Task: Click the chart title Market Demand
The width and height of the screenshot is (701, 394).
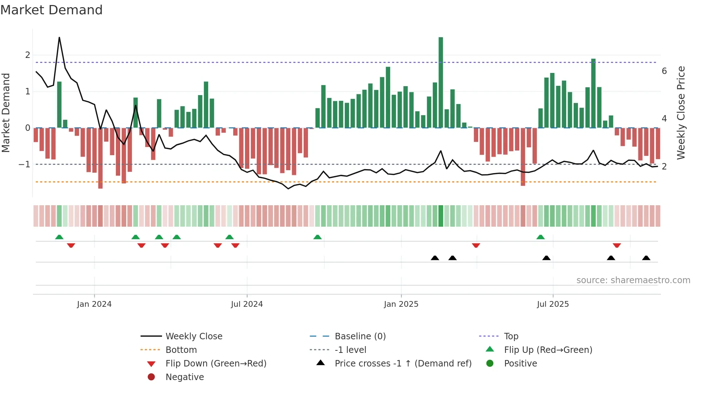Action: click(52, 10)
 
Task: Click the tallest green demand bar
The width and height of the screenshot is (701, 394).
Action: click(441, 82)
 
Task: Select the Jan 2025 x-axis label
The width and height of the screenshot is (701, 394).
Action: click(401, 304)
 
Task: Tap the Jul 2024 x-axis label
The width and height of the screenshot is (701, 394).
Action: click(247, 304)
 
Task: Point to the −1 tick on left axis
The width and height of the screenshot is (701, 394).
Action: click(24, 164)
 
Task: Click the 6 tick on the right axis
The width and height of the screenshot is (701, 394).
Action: click(664, 71)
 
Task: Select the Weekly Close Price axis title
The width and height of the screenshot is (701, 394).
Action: click(681, 113)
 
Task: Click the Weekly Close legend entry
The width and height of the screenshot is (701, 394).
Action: click(193, 336)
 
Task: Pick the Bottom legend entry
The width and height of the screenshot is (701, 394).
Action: click(181, 350)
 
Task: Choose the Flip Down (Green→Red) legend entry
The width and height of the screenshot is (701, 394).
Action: click(216, 364)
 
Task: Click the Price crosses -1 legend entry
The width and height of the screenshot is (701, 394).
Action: click(403, 364)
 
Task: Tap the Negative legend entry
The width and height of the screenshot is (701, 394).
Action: click(185, 377)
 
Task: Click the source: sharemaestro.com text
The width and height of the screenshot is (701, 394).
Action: click(633, 280)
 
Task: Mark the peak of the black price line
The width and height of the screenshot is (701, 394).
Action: click(59, 38)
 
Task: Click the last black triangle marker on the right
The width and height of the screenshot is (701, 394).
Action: click(646, 258)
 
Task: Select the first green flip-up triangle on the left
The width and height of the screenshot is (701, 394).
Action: click(59, 237)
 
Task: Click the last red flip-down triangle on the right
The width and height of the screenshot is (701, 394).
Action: click(617, 245)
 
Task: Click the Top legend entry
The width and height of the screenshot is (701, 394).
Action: click(511, 336)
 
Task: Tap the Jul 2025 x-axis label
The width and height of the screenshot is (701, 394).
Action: click(553, 304)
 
